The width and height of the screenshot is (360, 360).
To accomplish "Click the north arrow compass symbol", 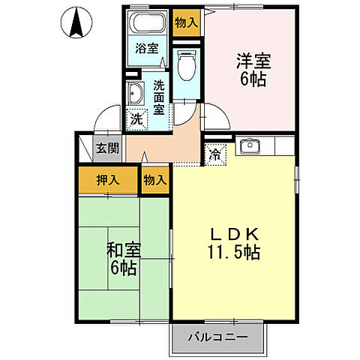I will (76, 22).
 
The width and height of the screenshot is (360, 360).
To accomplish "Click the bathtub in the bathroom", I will (147, 23).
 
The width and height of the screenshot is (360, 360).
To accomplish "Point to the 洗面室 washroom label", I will (160, 97).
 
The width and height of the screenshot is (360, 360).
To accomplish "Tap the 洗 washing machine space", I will (136, 118).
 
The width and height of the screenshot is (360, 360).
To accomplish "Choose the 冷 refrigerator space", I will (215, 155).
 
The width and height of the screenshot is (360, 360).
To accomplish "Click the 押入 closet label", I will (107, 179).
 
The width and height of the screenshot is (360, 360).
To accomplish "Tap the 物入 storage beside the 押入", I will (154, 179).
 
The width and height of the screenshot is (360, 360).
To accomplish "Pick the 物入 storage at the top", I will (186, 22).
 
